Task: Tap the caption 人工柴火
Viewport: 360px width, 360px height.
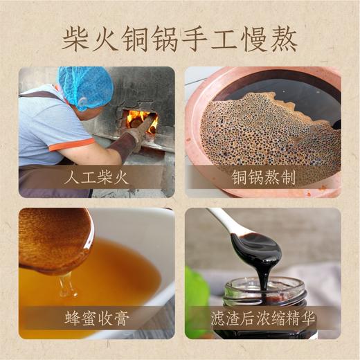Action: click(x=97, y=177)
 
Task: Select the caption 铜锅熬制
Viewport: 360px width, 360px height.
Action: click(x=263, y=177)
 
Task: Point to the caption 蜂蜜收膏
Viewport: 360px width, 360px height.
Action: click(x=97, y=319)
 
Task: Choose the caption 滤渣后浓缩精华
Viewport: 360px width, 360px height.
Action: click(x=263, y=319)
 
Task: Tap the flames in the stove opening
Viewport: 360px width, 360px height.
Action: click(x=141, y=119)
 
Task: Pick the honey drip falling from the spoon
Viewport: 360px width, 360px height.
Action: click(x=66, y=284)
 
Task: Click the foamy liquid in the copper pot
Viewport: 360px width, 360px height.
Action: click(x=270, y=132)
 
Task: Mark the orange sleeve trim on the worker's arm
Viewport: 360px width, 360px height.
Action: click(x=72, y=144)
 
